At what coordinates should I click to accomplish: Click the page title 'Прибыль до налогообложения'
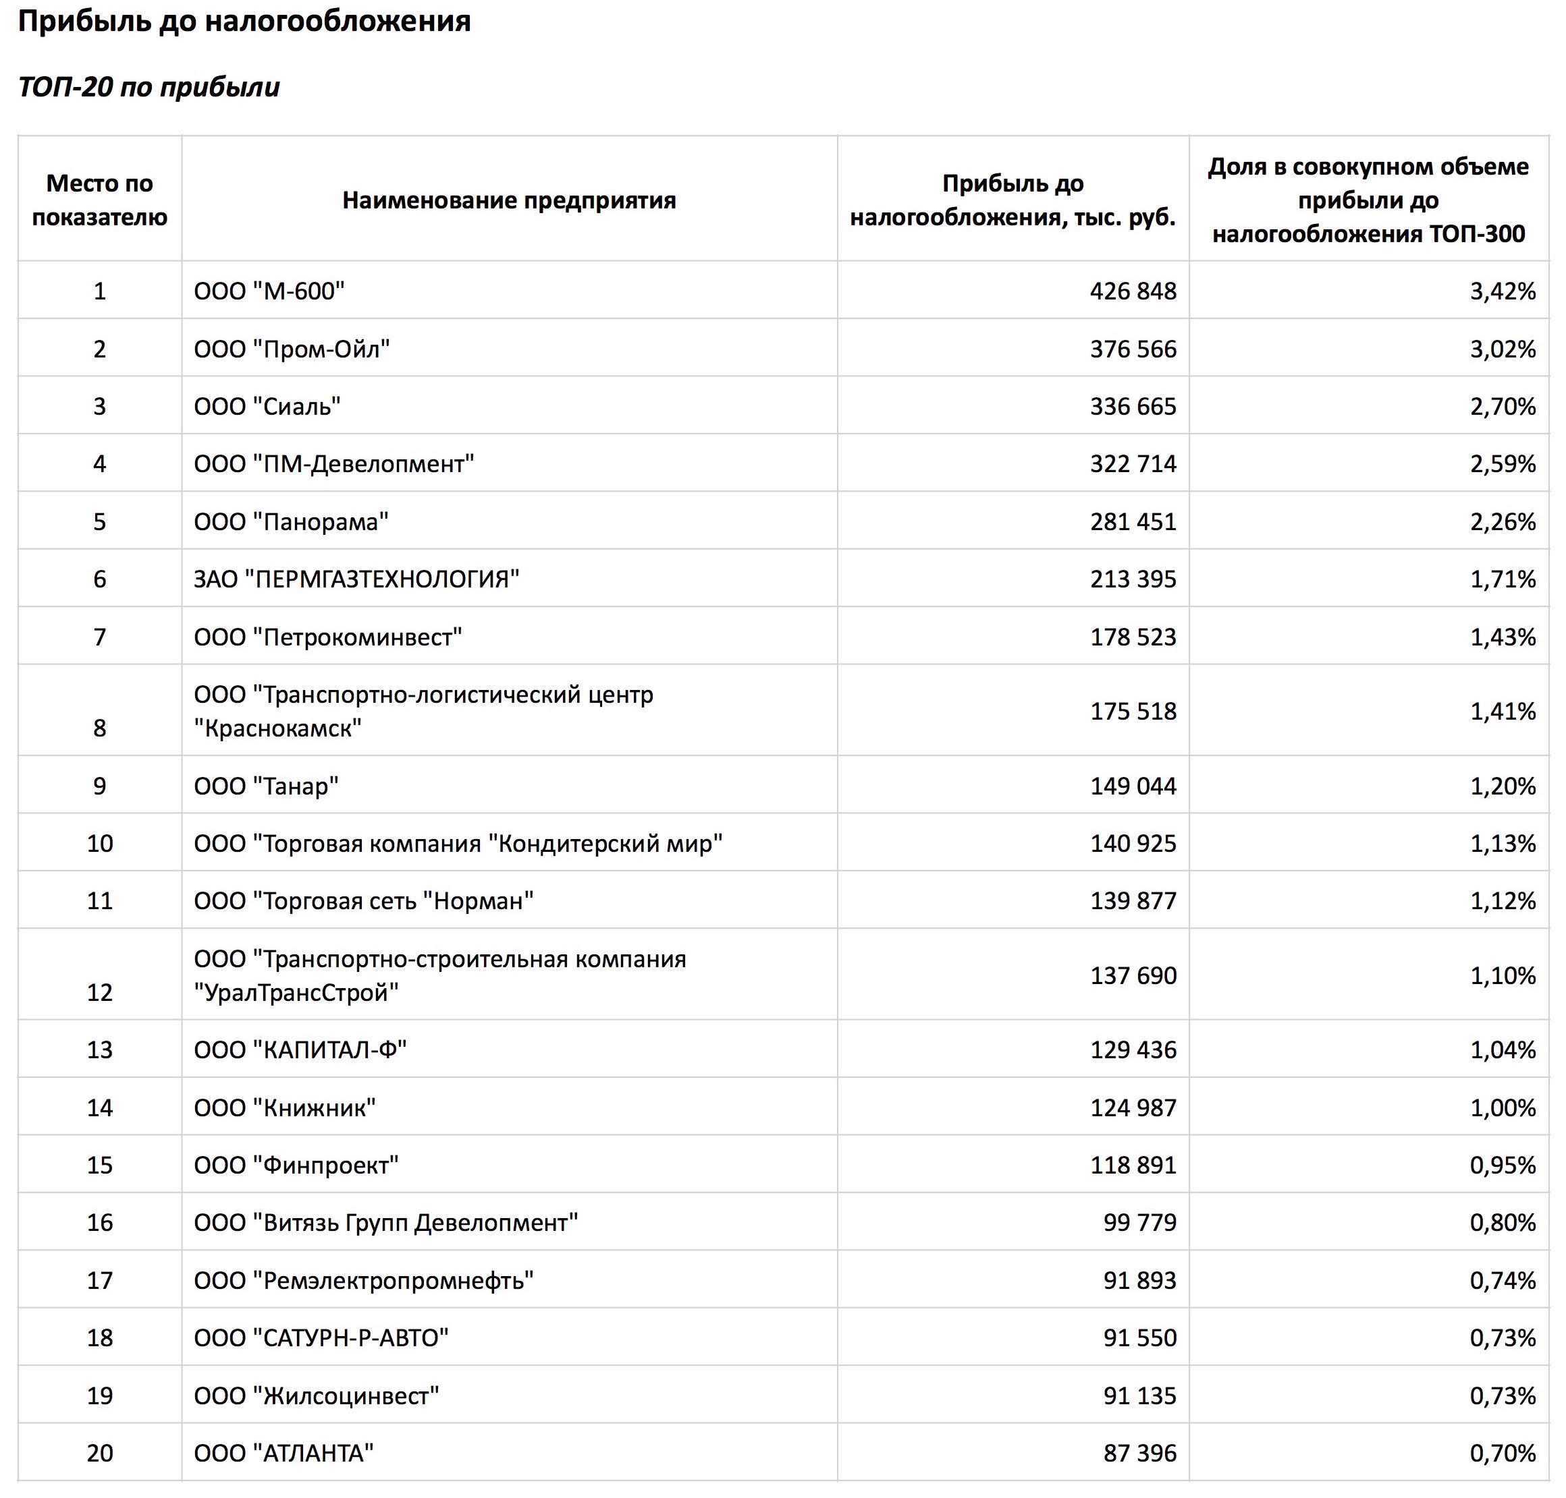point(244,22)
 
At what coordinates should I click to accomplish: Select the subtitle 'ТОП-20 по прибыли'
point(148,87)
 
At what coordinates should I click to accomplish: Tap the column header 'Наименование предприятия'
point(509,200)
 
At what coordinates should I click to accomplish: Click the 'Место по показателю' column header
point(99,200)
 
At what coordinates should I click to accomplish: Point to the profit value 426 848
point(1133,291)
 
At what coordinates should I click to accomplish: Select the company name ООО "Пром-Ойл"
point(292,349)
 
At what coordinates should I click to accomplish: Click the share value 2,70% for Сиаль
point(1502,407)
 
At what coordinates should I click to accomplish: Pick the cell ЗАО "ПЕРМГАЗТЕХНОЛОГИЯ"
point(356,579)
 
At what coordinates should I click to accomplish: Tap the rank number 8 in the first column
point(99,728)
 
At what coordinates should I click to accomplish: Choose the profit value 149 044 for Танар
point(1133,786)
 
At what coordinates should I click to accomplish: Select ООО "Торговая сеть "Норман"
point(364,900)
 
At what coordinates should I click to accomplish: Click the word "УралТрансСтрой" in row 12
point(296,993)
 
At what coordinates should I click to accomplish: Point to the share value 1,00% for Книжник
point(1502,1107)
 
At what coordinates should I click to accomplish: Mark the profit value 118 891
point(1133,1165)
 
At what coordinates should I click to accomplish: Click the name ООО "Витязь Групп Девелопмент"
point(386,1223)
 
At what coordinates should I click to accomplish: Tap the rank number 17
point(99,1281)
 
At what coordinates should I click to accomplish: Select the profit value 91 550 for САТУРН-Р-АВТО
point(1139,1337)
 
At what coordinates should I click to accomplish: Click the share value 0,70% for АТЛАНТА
point(1502,1453)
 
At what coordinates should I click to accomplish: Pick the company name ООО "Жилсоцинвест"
point(317,1395)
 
